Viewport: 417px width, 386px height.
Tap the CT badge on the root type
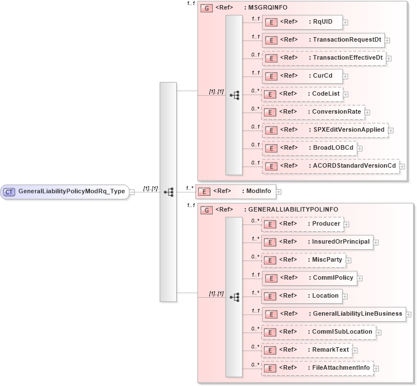point(9,192)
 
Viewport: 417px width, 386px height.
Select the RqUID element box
point(302,23)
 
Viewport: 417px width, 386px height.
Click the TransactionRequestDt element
point(323,41)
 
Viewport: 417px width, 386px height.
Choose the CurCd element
point(302,76)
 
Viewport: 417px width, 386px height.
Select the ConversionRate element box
point(313,112)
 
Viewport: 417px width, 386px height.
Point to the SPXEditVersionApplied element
point(325,130)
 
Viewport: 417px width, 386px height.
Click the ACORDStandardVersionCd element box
point(330,166)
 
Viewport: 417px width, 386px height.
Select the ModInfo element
point(235,191)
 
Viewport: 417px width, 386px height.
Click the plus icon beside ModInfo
point(279,192)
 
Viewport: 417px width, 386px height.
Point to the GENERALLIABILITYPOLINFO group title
point(290,209)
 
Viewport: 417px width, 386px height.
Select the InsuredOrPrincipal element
point(317,242)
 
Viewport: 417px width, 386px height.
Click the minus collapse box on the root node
point(132,192)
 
